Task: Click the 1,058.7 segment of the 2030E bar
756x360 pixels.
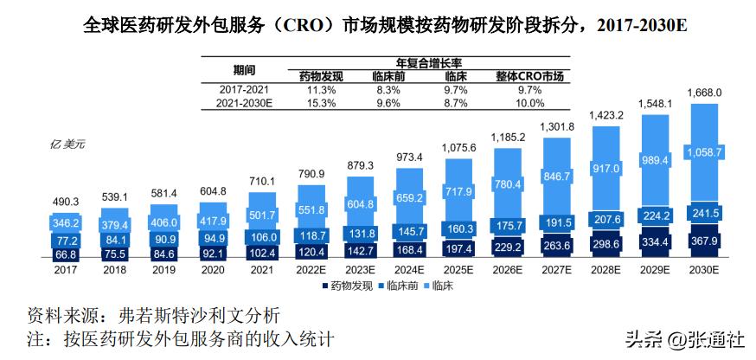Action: click(703, 154)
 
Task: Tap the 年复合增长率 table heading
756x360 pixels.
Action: click(427, 63)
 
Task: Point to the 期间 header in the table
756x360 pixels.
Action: click(244, 69)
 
